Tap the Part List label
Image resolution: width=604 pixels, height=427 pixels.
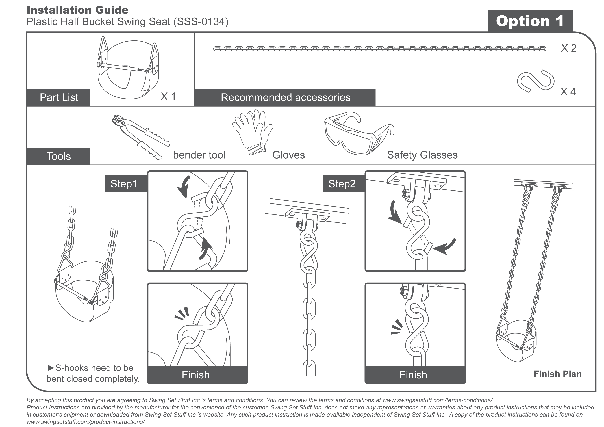click(x=59, y=97)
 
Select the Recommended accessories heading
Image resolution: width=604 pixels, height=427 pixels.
click(x=285, y=97)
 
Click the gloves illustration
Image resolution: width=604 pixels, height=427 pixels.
click(x=253, y=132)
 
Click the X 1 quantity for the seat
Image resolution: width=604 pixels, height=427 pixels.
click(x=168, y=97)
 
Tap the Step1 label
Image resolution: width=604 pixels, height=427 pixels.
click(x=124, y=184)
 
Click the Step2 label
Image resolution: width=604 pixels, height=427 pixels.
click(x=342, y=184)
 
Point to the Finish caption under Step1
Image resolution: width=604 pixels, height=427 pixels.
click(x=195, y=375)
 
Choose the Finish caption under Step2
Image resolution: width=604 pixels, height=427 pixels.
click(x=413, y=375)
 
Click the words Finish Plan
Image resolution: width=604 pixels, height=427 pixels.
click(x=557, y=374)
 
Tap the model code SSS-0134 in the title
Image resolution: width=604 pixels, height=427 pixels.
click(x=201, y=21)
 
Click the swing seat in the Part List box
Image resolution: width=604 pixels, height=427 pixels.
click(x=129, y=67)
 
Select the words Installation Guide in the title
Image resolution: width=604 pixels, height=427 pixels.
click(x=78, y=10)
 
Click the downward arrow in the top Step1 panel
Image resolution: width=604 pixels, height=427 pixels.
click(x=184, y=187)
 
